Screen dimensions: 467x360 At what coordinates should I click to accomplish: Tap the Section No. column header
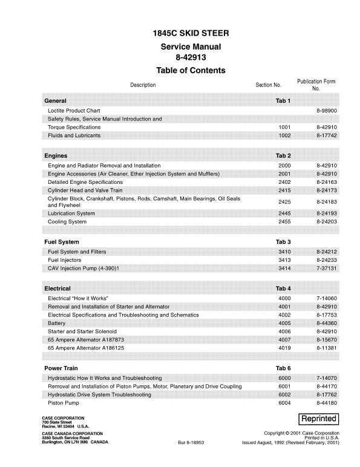tap(269, 85)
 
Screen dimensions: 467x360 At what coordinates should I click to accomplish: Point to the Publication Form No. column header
tap(316, 85)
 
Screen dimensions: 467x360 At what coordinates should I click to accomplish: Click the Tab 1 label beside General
tap(283, 100)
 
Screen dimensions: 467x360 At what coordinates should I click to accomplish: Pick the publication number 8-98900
tap(326, 111)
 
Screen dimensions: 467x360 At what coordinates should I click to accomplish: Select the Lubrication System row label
tap(71, 214)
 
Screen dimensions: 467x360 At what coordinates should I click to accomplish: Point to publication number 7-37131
tap(326, 268)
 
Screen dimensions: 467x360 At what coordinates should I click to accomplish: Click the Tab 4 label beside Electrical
tap(283, 289)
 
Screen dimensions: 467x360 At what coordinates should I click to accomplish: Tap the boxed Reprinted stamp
tap(318, 419)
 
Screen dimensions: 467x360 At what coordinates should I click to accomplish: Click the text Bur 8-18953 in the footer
tap(192, 443)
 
